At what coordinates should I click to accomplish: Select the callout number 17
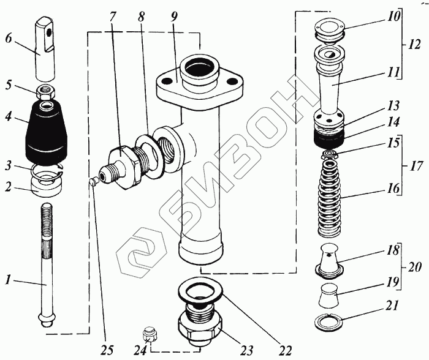416,165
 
